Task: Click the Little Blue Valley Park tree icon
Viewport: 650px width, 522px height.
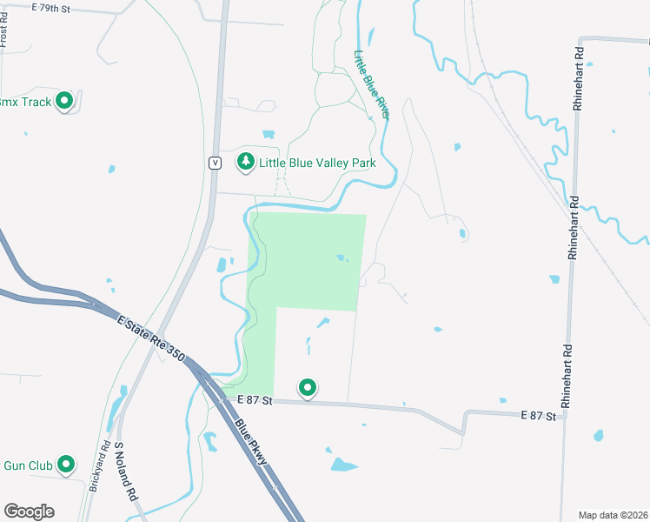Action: pos(246,162)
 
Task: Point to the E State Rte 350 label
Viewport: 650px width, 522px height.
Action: pos(151,335)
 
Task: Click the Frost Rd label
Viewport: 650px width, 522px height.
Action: pos(4,35)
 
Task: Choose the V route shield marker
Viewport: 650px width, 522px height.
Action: pos(214,162)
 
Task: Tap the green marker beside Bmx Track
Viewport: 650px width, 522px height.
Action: pos(64,102)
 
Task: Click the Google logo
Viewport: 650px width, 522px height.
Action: pos(29,512)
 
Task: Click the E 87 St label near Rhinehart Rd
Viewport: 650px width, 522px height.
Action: pos(538,417)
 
